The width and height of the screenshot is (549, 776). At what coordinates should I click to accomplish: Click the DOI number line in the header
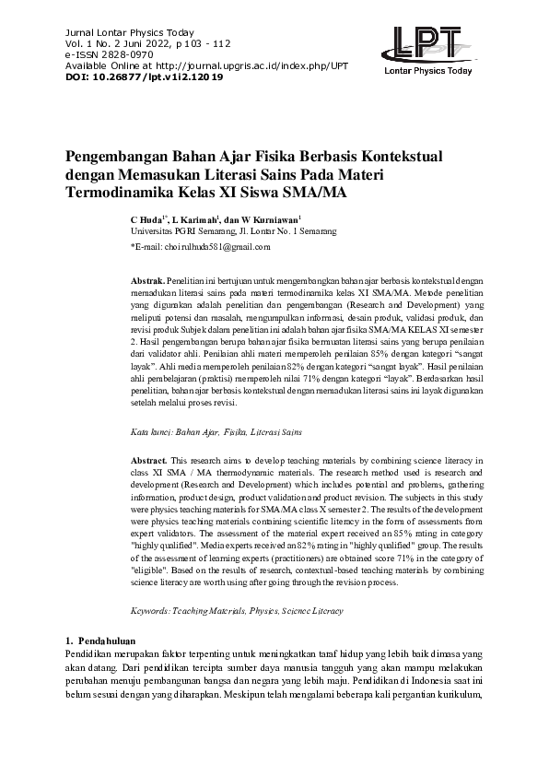tap(144, 76)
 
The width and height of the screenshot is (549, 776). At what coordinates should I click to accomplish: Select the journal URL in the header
tap(245, 65)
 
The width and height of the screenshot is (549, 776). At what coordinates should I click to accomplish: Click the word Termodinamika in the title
tap(120, 194)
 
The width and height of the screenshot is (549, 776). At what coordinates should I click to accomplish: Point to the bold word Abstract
tap(149, 459)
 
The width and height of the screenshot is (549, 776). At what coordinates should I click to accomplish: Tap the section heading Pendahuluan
tap(107, 640)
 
